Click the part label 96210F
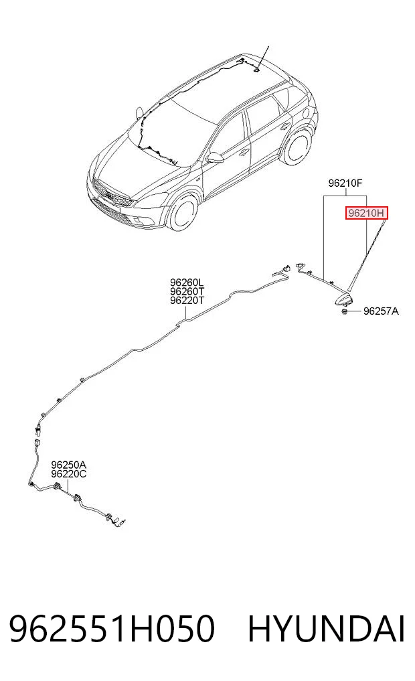(345, 183)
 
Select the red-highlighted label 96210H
(366, 213)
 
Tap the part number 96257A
(381, 311)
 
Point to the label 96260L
(187, 283)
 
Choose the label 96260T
(187, 291)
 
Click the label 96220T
(187, 300)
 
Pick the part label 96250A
(68, 465)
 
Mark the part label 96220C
(68, 474)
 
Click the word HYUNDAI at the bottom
(326, 629)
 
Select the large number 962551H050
(112, 629)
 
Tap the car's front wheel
(183, 214)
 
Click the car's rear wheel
(298, 147)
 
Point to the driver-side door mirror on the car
(214, 157)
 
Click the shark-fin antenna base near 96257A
(344, 299)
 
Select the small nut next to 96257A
(344, 311)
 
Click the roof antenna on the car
(258, 68)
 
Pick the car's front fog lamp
(139, 222)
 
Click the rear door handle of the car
(285, 126)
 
